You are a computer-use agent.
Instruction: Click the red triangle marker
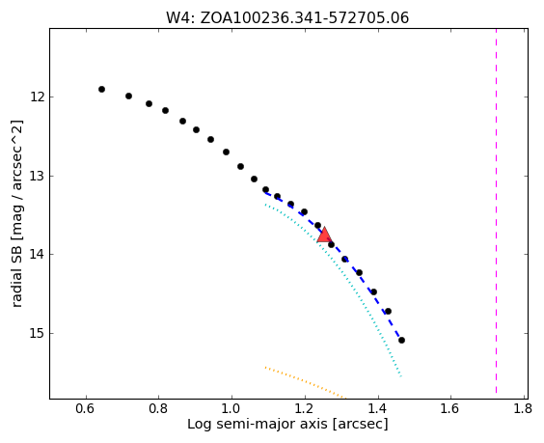(x=324, y=235)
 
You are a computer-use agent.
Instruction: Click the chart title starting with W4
(x=287, y=17)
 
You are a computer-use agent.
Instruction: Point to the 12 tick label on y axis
(x=38, y=97)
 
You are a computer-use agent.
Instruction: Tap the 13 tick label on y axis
(x=38, y=176)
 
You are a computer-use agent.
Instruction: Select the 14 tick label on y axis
(x=38, y=254)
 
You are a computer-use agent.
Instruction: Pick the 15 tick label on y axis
(x=38, y=333)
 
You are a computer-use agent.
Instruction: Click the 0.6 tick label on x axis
(x=85, y=408)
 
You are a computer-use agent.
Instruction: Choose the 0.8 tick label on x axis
(x=158, y=408)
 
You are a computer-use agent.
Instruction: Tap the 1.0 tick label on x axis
(x=231, y=408)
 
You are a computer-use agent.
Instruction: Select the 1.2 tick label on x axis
(x=304, y=408)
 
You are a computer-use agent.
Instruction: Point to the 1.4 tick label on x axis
(x=378, y=408)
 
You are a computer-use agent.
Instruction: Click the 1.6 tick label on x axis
(x=450, y=408)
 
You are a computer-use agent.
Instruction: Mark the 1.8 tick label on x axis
(x=523, y=408)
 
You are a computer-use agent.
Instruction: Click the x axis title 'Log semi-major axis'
(x=258, y=425)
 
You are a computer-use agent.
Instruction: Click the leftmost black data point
(x=101, y=89)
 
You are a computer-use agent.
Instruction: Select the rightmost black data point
(x=402, y=341)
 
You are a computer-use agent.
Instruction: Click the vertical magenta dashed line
(x=496, y=211)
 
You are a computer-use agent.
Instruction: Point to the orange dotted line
(x=306, y=382)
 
